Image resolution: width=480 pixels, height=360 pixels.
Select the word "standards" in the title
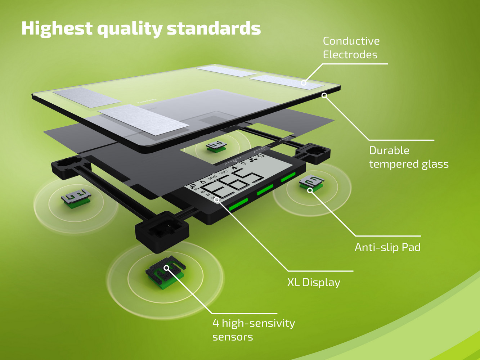point(214,28)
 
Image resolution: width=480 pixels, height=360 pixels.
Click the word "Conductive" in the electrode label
point(351,41)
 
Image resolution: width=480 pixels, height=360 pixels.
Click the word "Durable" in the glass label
point(389,150)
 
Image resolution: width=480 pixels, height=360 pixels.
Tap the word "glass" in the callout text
point(431,164)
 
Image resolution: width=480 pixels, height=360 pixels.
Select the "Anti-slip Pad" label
point(387,247)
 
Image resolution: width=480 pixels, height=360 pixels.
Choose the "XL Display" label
point(314,282)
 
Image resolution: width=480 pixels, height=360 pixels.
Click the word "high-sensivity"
point(258,323)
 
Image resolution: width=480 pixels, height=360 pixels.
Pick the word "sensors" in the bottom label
point(233,337)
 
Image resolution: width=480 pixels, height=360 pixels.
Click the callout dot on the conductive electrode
point(304,83)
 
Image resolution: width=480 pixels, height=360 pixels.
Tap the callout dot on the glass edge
point(324,95)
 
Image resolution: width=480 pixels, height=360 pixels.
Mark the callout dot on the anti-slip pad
point(310,190)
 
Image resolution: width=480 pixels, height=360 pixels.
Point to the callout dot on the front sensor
point(166,267)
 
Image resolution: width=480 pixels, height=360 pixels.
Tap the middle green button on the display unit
point(265,190)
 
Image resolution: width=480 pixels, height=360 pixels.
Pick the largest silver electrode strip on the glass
point(143,120)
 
